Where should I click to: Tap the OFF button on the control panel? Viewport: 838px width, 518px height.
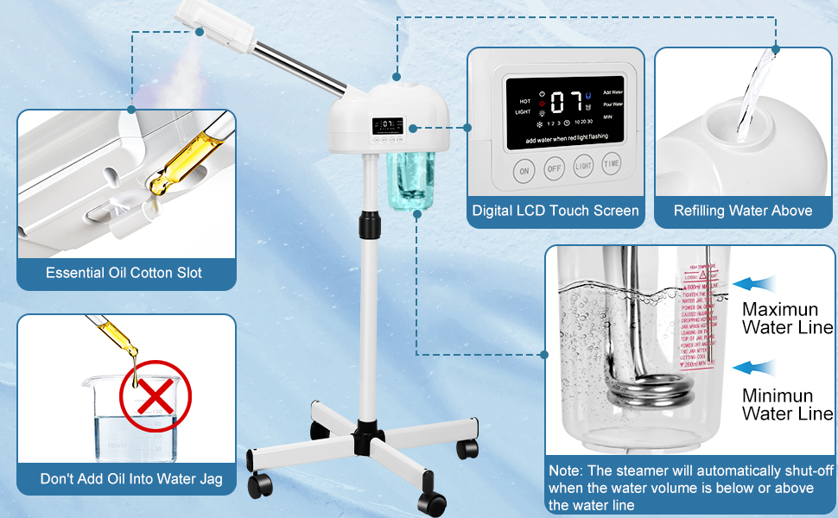[x=555, y=168]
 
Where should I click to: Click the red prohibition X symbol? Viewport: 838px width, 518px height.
[x=156, y=399]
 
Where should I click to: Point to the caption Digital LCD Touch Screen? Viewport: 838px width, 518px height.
[x=555, y=211]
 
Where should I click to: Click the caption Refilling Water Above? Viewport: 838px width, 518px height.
[x=743, y=211]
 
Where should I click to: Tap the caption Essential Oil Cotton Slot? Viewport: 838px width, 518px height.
[x=124, y=273]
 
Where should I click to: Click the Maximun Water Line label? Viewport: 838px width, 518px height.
[x=786, y=318]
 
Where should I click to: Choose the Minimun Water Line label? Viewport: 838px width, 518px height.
[x=786, y=405]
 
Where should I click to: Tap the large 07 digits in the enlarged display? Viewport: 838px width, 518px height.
[x=566, y=102]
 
